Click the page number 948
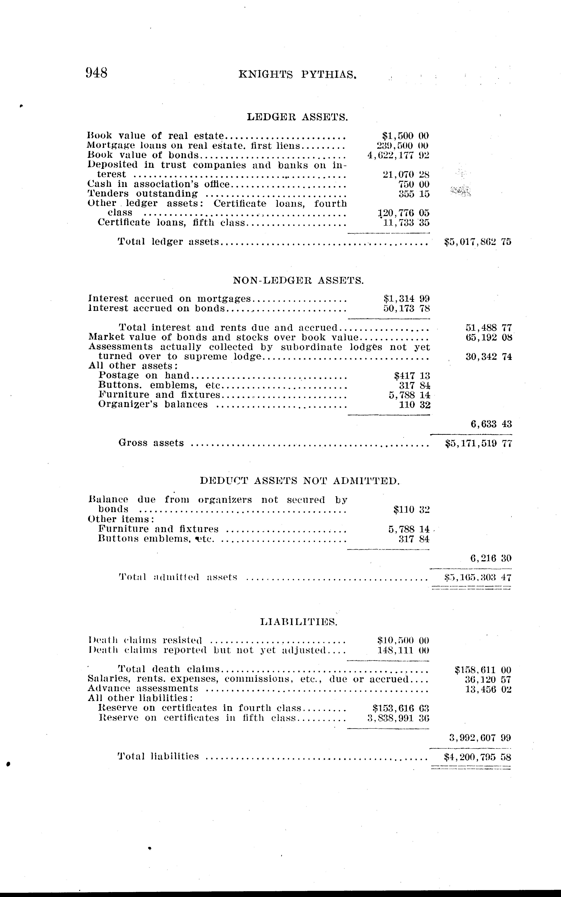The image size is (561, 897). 97,72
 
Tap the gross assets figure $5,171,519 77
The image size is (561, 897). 478,443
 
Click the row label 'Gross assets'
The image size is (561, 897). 151,443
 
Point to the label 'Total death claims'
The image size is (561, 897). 169,669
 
